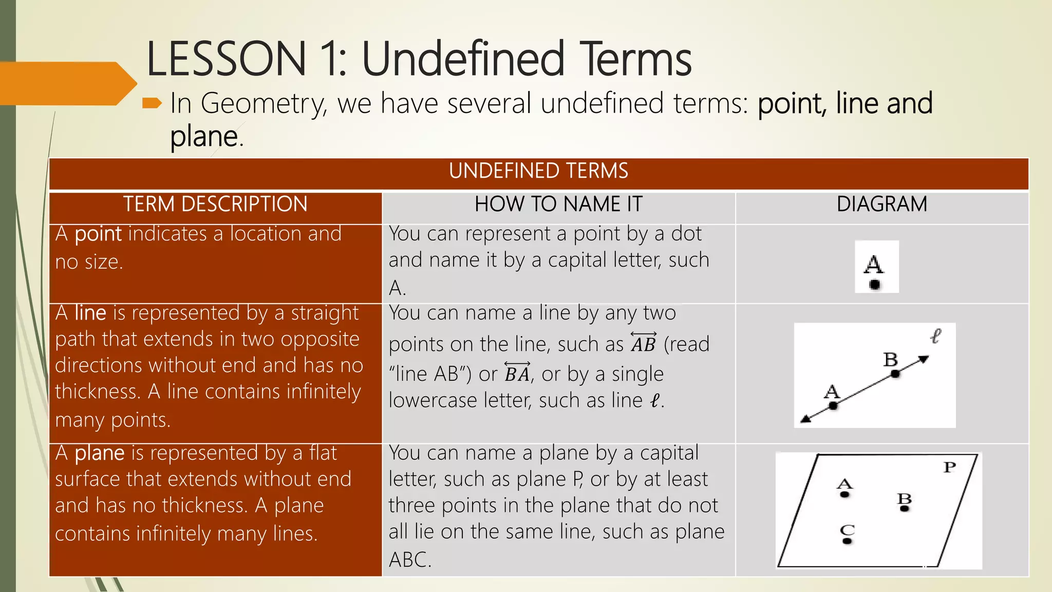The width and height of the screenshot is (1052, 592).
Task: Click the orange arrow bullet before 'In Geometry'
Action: click(152, 104)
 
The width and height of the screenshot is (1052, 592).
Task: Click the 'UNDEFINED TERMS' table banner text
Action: click(538, 171)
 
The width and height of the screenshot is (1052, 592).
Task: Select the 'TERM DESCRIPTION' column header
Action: click(215, 205)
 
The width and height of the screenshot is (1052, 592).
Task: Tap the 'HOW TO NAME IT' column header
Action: click(558, 205)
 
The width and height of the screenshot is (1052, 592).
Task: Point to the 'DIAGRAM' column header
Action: click(881, 205)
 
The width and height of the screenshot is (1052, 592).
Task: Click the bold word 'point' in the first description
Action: click(98, 234)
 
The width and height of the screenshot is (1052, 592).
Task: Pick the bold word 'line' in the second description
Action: click(90, 313)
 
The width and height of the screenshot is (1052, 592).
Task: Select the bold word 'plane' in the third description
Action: click(99, 454)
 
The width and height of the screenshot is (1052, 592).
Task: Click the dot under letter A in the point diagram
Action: click(875, 284)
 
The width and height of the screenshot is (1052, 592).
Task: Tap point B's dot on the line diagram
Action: click(895, 374)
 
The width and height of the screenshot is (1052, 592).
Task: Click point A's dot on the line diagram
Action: click(833, 406)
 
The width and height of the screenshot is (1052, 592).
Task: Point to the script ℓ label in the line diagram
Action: click(935, 337)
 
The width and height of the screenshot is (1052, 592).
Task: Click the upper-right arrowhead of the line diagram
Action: click(924, 359)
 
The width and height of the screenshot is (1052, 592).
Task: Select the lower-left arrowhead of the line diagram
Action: click(806, 419)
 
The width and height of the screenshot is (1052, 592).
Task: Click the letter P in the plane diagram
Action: click(950, 467)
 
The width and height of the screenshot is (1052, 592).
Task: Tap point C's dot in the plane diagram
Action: click(847, 541)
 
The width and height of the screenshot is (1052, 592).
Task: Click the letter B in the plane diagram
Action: click(904, 498)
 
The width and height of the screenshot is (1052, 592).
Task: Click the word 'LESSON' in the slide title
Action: click(227, 59)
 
